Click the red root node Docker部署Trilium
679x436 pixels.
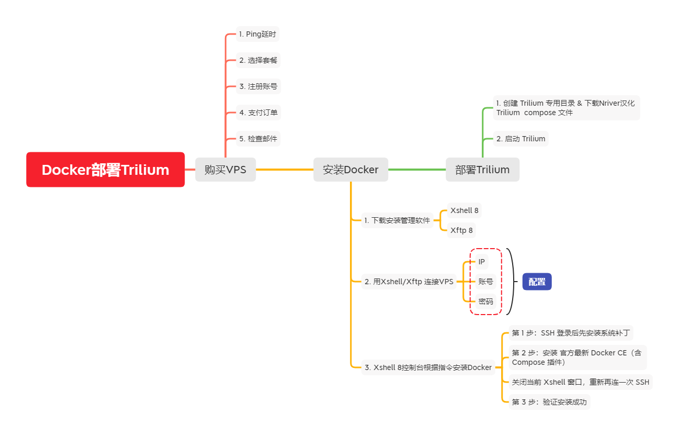pyautogui.click(x=105, y=170)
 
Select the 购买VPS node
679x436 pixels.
pyautogui.click(x=225, y=170)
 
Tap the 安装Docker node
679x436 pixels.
pyautogui.click(x=350, y=170)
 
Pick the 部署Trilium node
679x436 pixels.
pyautogui.click(x=482, y=170)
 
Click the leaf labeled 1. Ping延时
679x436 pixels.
pyautogui.click(x=257, y=35)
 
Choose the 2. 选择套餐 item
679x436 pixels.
pyautogui.click(x=258, y=60)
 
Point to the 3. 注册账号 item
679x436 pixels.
pyautogui.click(x=258, y=86)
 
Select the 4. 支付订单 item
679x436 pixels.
pyautogui.click(x=258, y=113)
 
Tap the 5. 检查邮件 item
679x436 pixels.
pyautogui.click(x=258, y=139)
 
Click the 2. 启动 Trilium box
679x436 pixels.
pyautogui.click(x=521, y=139)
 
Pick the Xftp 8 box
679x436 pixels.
pyautogui.click(x=461, y=230)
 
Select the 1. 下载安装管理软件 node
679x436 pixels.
pyautogui.click(x=398, y=220)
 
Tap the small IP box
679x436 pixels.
pyautogui.click(x=482, y=262)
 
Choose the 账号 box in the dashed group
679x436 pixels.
pyautogui.click(x=485, y=282)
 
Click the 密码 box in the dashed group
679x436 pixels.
pyautogui.click(x=485, y=301)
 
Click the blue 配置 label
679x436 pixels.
pyautogui.click(x=537, y=282)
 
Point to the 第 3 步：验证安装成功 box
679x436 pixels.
pyautogui.click(x=549, y=402)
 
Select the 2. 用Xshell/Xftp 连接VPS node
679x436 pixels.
pyautogui.click(x=409, y=282)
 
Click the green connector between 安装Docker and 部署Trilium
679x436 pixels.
pyautogui.click(x=417, y=170)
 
